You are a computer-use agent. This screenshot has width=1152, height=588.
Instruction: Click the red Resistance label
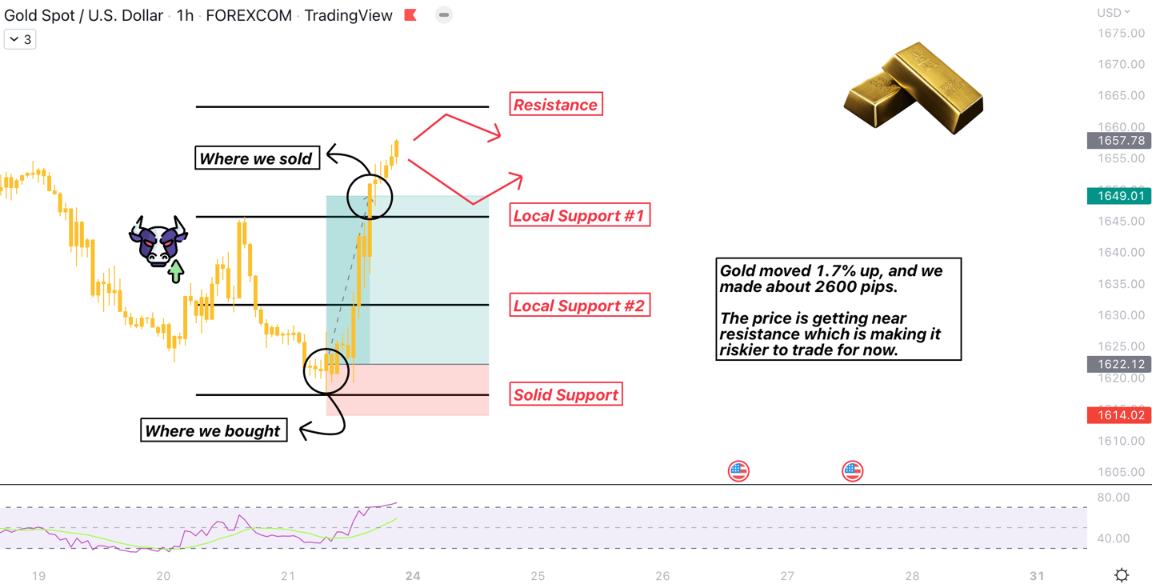click(555, 104)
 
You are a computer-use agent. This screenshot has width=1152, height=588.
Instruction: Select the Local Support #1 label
click(579, 215)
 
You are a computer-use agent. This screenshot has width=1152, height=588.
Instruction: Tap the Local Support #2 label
click(579, 306)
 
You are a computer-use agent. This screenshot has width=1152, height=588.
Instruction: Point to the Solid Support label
click(566, 394)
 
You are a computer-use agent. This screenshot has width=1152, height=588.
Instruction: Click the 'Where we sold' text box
click(256, 158)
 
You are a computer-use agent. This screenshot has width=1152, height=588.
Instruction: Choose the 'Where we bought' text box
click(213, 430)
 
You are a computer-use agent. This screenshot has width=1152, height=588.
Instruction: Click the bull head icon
click(158, 240)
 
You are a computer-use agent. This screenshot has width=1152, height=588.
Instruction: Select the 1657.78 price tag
click(1118, 141)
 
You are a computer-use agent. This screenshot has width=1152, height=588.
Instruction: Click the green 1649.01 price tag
click(1118, 196)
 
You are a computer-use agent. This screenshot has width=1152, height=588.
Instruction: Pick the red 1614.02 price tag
click(1118, 415)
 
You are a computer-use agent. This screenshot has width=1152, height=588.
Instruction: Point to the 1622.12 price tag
click(1118, 365)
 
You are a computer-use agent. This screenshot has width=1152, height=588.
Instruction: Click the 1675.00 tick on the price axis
click(1121, 33)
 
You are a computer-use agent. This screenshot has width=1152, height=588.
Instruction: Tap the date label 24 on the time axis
click(413, 575)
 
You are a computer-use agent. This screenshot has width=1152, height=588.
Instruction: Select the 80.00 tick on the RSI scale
click(1113, 498)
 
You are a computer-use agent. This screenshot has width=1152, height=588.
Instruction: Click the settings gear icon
click(1122, 574)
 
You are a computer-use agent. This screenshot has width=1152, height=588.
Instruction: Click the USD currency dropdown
click(1113, 12)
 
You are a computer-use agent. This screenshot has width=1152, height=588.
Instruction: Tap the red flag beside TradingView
click(410, 15)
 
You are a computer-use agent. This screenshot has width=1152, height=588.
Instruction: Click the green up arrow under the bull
click(176, 271)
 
